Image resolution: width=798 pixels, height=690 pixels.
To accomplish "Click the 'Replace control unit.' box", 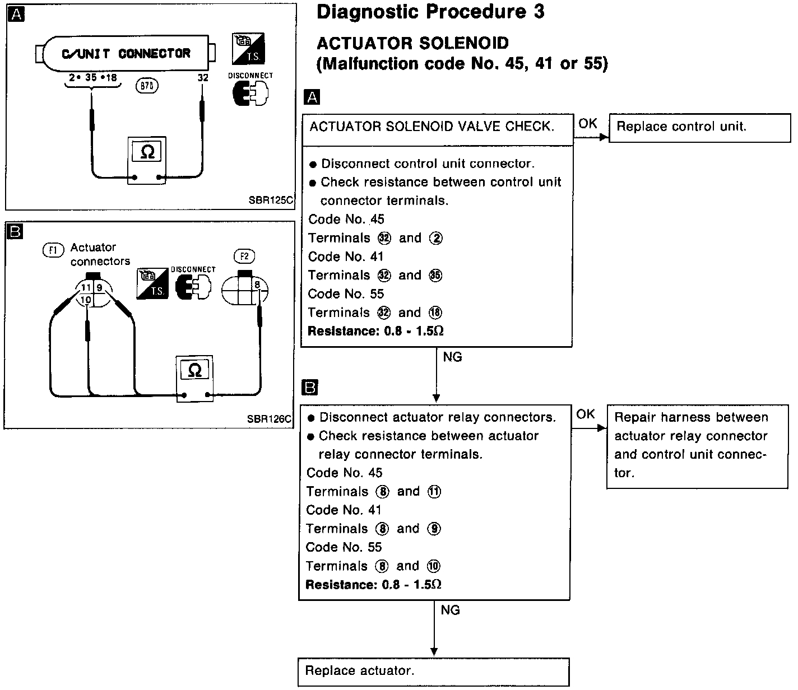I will (x=699, y=127).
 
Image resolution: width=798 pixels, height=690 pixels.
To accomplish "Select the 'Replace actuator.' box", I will (x=433, y=672).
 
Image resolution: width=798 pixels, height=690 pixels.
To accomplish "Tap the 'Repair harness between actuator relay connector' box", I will (x=697, y=445).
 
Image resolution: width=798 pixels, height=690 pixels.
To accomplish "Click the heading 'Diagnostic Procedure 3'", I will (x=430, y=12).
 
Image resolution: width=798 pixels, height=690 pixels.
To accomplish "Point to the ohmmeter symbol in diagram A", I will (x=147, y=152).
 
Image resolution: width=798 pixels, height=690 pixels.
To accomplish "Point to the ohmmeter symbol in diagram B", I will (x=194, y=370).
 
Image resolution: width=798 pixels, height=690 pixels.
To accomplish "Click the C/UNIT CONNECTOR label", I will (x=126, y=54).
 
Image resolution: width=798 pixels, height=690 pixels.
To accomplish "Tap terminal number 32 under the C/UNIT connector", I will (x=203, y=78).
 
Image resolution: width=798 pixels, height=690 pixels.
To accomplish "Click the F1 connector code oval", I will (x=54, y=250).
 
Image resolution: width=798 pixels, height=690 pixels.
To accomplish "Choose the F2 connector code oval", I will (x=244, y=257).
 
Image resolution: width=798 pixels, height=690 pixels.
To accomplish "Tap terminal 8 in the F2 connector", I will (x=257, y=285).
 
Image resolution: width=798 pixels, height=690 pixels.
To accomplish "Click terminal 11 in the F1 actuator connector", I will (x=85, y=287).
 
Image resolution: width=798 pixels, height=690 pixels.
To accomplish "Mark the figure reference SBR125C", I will (x=271, y=200).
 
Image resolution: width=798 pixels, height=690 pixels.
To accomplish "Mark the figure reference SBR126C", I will (x=268, y=418).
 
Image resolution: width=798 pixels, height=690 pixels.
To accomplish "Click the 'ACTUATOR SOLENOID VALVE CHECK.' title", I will (x=432, y=127).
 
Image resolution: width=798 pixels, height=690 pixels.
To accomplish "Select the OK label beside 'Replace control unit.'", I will (x=588, y=123).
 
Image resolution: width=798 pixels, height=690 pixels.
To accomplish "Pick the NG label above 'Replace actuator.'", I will (x=450, y=610).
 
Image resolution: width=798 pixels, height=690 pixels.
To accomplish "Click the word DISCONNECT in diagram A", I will (x=250, y=76).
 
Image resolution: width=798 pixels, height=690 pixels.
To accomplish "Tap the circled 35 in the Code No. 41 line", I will (x=435, y=276).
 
